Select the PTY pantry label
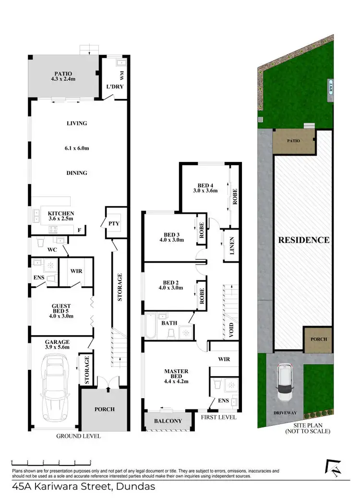[x=114, y=223]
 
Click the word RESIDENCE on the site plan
[x=304, y=240]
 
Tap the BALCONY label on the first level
[x=168, y=421]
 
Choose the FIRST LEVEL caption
[x=218, y=417]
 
